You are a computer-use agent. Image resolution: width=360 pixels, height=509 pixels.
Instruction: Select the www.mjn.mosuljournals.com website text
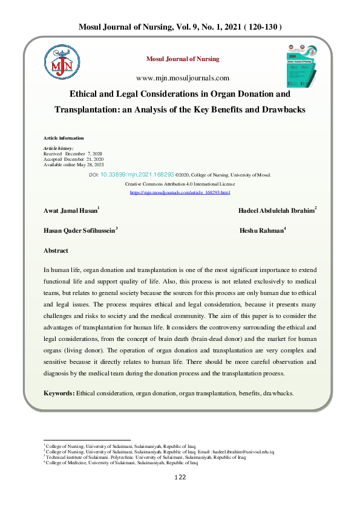pos(183,77)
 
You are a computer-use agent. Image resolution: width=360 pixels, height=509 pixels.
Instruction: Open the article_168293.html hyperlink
pos(180,192)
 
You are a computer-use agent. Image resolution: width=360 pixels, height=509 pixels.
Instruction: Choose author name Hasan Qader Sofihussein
pos(79,230)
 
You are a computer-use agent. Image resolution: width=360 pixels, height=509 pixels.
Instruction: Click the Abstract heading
pos(56,250)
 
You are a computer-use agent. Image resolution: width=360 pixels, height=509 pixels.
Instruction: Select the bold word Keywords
pos(59,393)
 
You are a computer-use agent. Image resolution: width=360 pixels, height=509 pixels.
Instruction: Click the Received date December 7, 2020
pos(68,154)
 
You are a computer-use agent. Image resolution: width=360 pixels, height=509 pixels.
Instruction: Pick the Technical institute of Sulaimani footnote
pos(145,457)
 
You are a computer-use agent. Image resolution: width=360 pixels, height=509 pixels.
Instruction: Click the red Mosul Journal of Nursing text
pos(183,59)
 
